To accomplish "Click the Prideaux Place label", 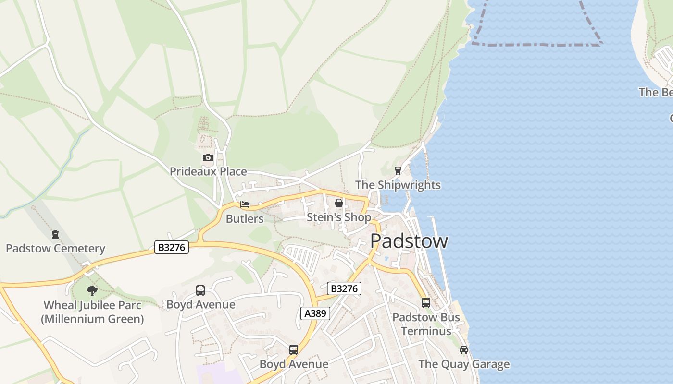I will coord(208,171).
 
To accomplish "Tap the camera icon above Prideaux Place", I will coord(208,157).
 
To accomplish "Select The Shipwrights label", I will coord(398,185).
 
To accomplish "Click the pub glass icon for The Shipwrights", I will coord(398,170).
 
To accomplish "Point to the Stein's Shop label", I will coord(339,217).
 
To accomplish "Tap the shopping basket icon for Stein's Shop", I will coord(339,203).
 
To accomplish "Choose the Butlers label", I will coord(245,219).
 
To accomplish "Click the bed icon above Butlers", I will coord(245,204).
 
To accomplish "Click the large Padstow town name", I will coord(409,241).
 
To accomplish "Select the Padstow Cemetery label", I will coord(55,249).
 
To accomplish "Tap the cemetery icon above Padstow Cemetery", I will coord(55,234).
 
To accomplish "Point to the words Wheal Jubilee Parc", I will coord(92,305).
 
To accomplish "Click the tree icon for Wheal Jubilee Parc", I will coord(92,290).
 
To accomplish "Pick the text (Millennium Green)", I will coord(92,319).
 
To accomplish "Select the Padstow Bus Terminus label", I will coord(426,324).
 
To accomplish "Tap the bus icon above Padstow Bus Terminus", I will coord(426,303).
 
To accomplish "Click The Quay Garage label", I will coord(464,364).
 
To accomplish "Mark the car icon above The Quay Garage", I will coord(464,350).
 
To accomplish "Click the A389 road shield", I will coord(316,314).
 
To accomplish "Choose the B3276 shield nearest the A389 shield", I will coord(344,288).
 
